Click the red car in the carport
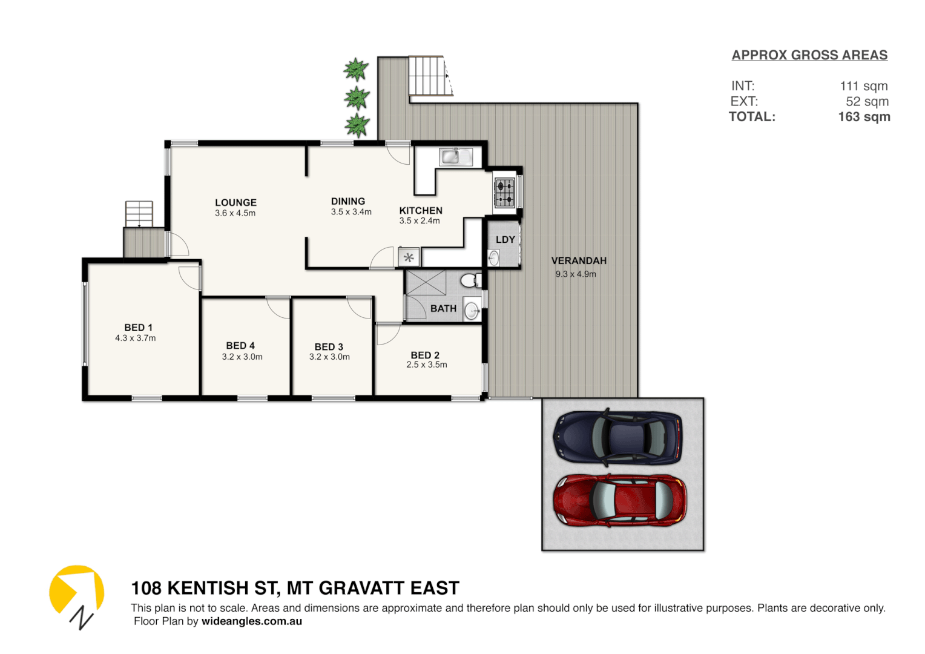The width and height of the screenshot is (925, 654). (619, 500)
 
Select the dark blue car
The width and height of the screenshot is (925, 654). (617, 437)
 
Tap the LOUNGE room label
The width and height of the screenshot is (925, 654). (235, 203)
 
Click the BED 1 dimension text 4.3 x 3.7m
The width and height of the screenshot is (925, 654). (136, 339)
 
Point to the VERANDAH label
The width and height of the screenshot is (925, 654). (579, 261)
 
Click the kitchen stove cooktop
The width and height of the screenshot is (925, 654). (505, 193)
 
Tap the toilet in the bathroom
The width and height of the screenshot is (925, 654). (469, 280)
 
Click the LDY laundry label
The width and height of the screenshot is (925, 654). (505, 240)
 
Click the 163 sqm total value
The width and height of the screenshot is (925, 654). (864, 117)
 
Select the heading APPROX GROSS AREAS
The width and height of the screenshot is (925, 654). (809, 55)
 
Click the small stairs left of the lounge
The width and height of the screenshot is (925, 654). (139, 213)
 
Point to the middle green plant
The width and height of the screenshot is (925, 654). (357, 98)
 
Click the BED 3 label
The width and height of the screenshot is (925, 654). (329, 347)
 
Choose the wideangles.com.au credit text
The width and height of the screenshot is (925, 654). (252, 621)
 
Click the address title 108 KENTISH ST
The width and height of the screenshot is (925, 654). (295, 588)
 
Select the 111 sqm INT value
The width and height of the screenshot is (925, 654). (863, 86)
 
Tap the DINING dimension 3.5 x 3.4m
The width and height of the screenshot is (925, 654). (351, 212)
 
